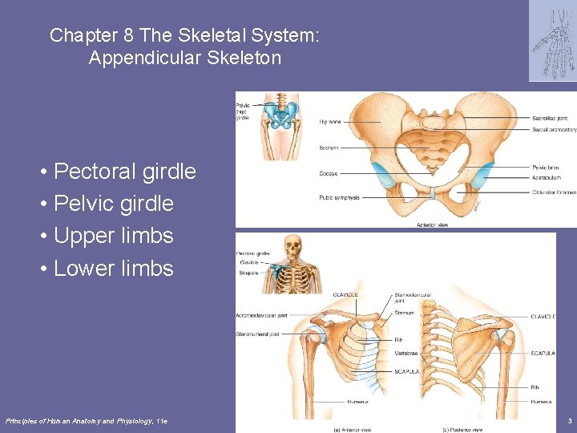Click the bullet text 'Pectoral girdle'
pos(124,172)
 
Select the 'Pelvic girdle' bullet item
pos(113,204)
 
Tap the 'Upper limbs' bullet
pos(113,236)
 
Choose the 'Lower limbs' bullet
pos(113,268)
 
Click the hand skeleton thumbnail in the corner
pos(552,40)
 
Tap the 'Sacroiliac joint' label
pos(551,118)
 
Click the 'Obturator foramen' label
pos(554,192)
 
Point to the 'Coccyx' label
pos(329,173)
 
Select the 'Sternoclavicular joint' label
pos(414,298)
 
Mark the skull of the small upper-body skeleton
pos(293,245)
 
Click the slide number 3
pos(569,420)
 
